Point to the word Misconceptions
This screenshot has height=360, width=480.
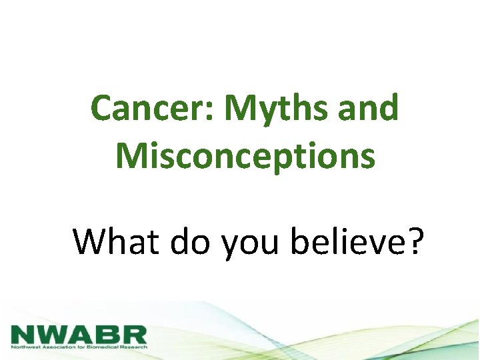pos(245,156)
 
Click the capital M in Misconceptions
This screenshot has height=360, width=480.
pos(131,155)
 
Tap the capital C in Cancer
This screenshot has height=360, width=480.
pos(102,108)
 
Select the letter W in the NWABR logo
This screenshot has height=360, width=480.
pos(53,333)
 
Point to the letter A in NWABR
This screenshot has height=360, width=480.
pos(81,333)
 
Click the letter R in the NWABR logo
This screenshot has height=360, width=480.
pos(133,333)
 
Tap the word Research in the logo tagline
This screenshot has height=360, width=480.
pos(134,347)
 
